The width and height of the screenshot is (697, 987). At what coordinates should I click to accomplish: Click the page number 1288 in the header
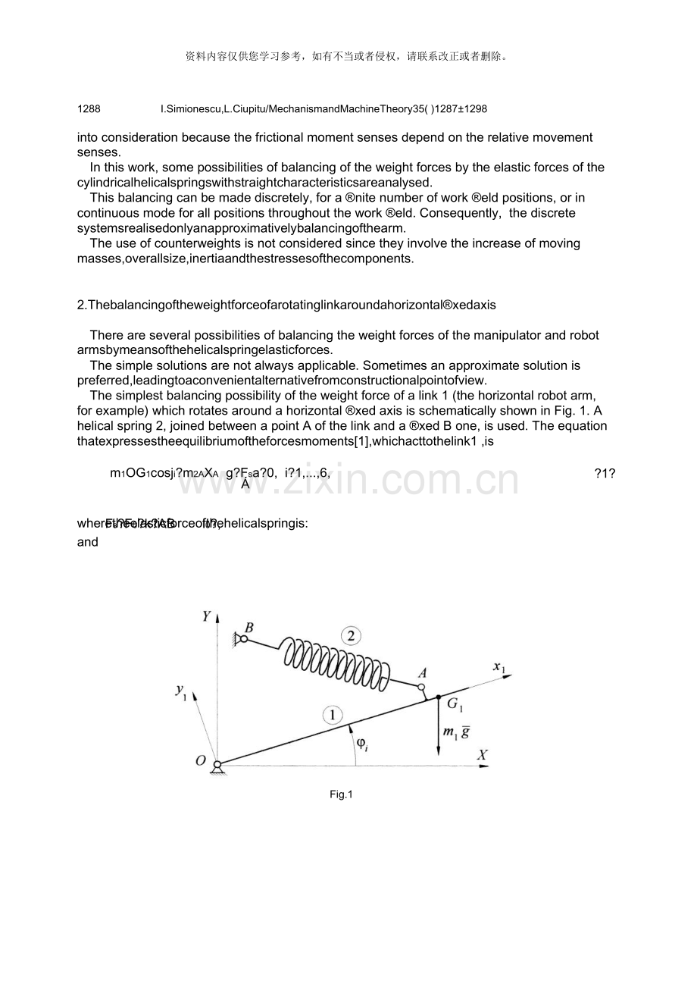pos(89,109)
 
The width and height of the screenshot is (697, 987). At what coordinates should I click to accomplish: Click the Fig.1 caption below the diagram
pos(341,794)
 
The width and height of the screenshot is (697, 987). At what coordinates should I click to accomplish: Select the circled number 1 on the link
pos(331,715)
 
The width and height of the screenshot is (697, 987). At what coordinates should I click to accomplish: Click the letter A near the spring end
pos(423,673)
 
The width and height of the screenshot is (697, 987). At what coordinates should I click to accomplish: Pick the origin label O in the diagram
pos(201,760)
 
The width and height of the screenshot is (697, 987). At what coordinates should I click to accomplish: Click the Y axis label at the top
pos(205,616)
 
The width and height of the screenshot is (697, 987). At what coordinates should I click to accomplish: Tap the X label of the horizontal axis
pos(481,755)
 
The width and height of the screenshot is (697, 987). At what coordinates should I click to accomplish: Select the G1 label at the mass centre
pos(455,704)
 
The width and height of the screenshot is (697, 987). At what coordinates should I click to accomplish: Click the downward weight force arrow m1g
pos(439,728)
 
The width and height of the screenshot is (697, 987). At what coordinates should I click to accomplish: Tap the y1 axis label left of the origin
pos(180,691)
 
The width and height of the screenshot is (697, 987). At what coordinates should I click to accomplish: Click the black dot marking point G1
pos(439,696)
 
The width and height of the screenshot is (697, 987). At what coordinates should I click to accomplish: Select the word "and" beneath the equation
pos(88,542)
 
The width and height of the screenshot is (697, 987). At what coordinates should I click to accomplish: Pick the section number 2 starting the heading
pos(80,305)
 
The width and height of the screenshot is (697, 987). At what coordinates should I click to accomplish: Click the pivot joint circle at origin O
pos(217,764)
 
